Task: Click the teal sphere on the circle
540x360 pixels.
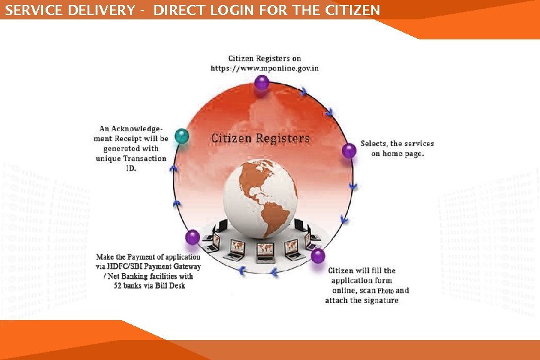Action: click(182, 136)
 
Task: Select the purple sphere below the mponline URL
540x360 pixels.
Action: click(262, 82)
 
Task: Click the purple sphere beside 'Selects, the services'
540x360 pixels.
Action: click(349, 150)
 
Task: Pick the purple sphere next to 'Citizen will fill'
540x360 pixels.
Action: click(318, 256)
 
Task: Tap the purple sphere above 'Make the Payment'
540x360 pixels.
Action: click(192, 237)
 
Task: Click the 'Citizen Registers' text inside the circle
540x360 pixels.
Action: click(260, 137)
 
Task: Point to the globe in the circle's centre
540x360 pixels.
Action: click(260, 199)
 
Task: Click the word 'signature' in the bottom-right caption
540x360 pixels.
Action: click(380, 301)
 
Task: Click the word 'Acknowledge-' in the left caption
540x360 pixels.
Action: click(139, 128)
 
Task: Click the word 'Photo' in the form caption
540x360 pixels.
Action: click(385, 291)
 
